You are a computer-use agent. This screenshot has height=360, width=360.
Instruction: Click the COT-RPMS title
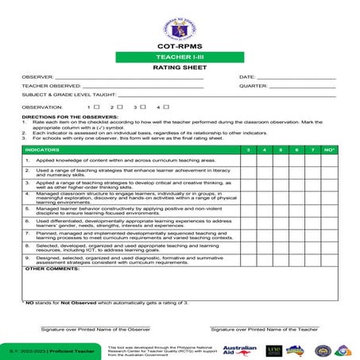[180, 47]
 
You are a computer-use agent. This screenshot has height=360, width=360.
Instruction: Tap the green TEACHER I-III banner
[180, 58]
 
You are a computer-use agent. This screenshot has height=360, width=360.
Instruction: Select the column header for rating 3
[250, 149]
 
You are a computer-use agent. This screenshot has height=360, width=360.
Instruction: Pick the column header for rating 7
[312, 149]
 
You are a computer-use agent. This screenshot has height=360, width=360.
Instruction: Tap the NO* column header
[330, 149]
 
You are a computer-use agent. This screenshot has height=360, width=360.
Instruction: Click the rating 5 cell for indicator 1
[281, 161]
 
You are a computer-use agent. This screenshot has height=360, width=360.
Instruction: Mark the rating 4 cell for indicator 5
[265, 211]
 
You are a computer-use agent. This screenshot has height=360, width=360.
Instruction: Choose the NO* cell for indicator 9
[330, 260]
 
